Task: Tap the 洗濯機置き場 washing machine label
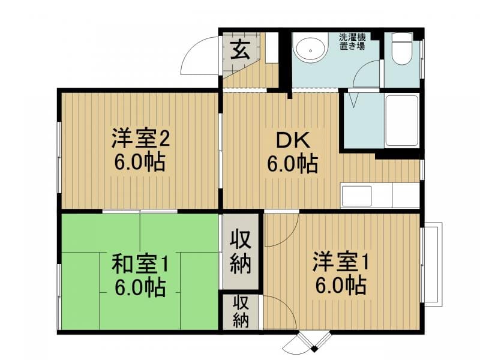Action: click(x=352, y=42)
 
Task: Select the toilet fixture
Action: click(x=402, y=49)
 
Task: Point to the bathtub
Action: click(x=402, y=121)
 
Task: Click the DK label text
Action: click(x=293, y=140)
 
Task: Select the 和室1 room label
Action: click(x=140, y=265)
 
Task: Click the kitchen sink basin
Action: click(x=356, y=196)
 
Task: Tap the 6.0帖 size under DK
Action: click(x=293, y=164)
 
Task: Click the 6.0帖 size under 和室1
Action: click(x=140, y=287)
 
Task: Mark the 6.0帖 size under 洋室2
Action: click(x=140, y=161)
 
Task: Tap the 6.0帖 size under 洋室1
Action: click(x=341, y=285)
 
